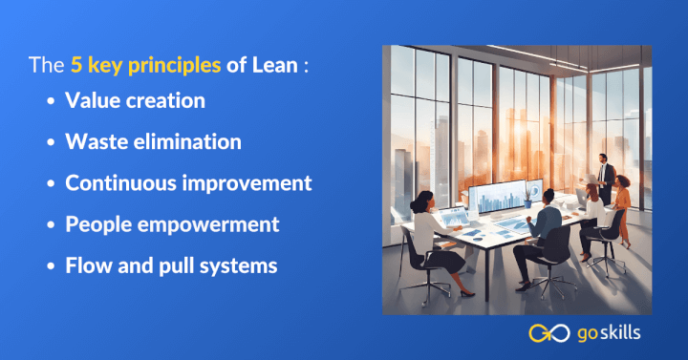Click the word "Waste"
point(94,141)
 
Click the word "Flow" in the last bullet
point(87,265)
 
